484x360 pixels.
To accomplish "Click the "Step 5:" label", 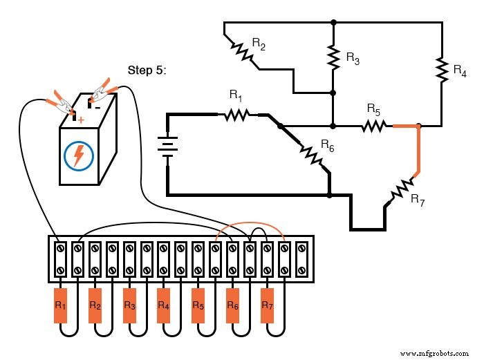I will (147, 70).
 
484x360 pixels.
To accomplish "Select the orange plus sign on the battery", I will (81, 120).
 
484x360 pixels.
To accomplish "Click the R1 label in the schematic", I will (235, 97).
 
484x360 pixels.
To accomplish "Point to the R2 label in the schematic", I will (259, 44).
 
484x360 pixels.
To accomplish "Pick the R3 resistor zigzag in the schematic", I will (333, 58).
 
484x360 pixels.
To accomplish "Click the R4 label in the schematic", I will (459, 70).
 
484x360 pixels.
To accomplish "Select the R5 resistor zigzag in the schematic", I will (373, 126).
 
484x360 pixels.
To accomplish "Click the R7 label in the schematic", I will (418, 200).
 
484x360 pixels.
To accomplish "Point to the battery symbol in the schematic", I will (168, 146).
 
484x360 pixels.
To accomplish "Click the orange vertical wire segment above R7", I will (417, 149).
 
